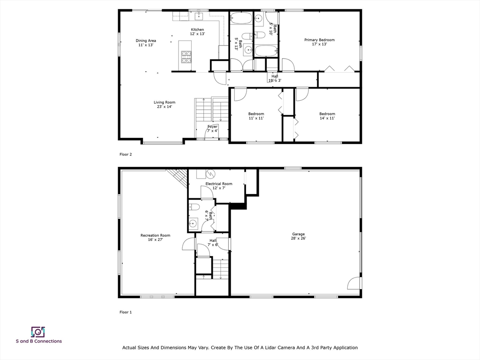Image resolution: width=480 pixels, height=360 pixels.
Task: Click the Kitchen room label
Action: [197, 31]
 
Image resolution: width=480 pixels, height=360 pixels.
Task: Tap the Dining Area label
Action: [146, 43]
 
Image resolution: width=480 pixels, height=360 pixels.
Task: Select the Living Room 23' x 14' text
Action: [165, 105]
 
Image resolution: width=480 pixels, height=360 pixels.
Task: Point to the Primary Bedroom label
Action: [319, 42]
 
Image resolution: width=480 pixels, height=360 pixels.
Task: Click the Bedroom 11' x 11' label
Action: [256, 116]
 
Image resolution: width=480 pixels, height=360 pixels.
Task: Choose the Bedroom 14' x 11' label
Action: [327, 116]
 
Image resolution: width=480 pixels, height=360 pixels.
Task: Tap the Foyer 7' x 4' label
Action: [213, 128]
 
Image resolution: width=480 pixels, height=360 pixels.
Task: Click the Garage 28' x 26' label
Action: [299, 236]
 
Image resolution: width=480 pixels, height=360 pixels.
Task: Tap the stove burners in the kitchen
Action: [186, 57]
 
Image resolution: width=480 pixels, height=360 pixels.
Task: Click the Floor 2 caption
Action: [126, 154]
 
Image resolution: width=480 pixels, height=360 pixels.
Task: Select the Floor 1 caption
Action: [126, 312]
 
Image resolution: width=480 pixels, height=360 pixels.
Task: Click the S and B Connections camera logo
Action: [38, 332]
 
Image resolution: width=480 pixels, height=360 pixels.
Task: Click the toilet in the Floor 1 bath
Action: [195, 207]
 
